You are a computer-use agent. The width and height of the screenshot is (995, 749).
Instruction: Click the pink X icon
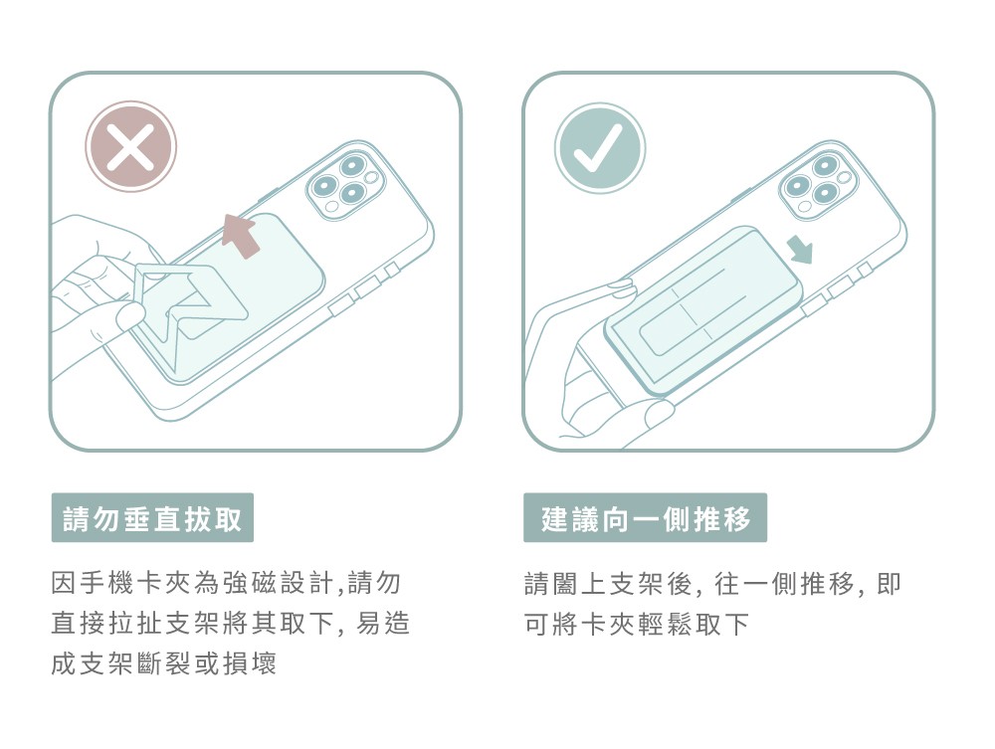click(x=130, y=146)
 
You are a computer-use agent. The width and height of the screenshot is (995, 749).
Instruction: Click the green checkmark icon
click(x=600, y=148)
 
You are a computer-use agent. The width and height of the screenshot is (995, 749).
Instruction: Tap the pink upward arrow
click(x=239, y=236)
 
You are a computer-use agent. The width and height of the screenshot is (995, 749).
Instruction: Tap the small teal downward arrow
click(x=799, y=249)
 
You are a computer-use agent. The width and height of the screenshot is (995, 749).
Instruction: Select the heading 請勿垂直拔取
click(x=152, y=518)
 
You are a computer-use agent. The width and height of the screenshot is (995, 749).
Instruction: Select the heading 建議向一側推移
click(x=646, y=518)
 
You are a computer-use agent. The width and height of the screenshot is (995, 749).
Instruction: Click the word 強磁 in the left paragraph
click(x=252, y=583)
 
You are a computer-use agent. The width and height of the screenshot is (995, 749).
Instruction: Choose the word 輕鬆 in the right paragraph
click(x=667, y=624)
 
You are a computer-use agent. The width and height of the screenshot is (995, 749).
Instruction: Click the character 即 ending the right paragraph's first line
click(x=889, y=583)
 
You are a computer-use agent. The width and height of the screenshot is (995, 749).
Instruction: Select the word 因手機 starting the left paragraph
click(x=93, y=583)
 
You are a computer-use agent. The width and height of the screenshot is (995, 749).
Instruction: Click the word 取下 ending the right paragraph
click(x=723, y=624)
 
